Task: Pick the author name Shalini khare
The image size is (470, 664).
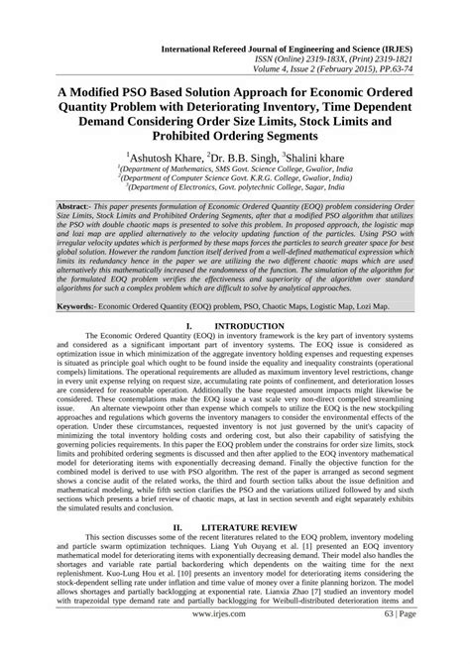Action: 314,157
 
